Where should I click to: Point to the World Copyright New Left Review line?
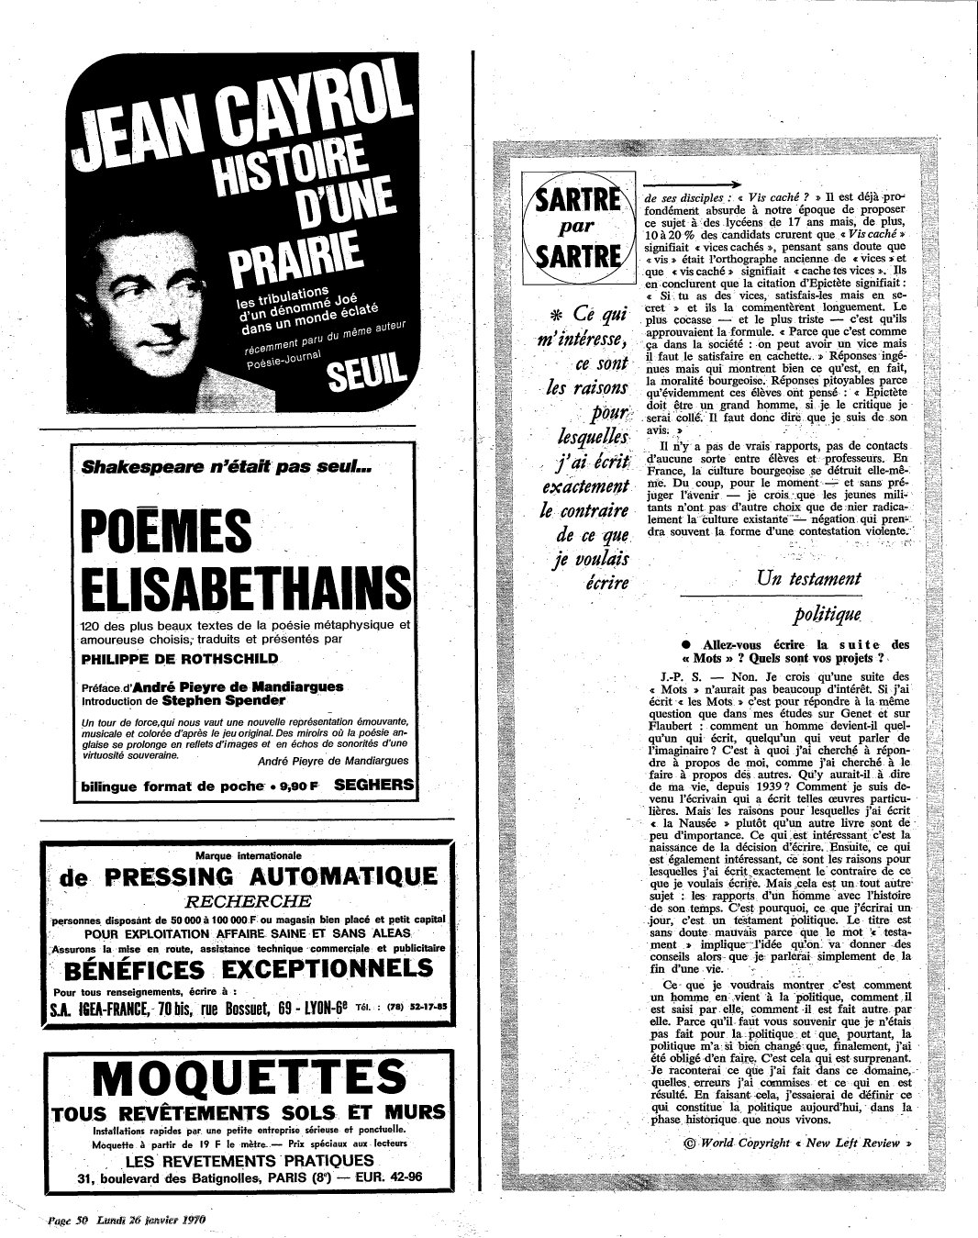(798, 1143)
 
